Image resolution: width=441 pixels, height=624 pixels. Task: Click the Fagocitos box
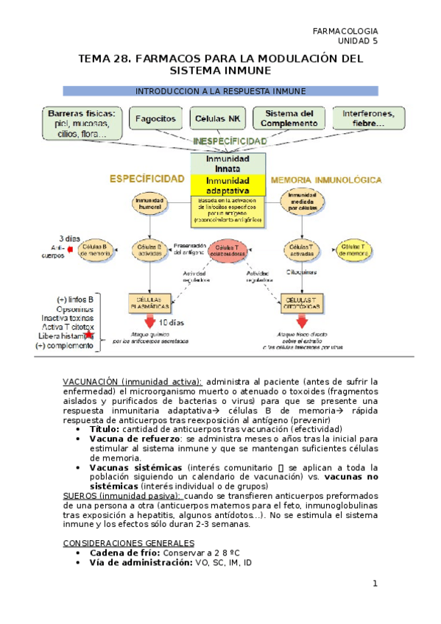coord(156,118)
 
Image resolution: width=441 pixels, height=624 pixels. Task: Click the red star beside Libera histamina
coord(89,336)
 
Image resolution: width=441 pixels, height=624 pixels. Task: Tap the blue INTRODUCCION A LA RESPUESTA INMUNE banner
coord(220,91)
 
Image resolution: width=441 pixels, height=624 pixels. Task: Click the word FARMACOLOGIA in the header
coord(345,31)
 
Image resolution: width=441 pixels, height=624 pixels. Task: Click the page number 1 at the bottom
coord(375,584)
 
